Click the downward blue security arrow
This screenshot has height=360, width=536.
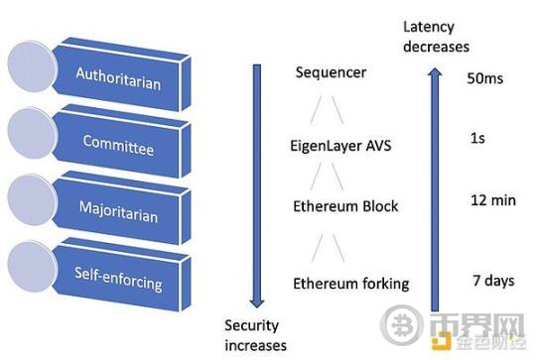tap(256, 188)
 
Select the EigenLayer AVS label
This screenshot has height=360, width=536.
tap(339, 146)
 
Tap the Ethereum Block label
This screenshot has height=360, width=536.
tap(345, 206)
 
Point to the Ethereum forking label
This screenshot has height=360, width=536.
tap(350, 284)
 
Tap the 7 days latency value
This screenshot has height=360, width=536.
tap(491, 281)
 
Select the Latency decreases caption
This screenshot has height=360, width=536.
tap(434, 37)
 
